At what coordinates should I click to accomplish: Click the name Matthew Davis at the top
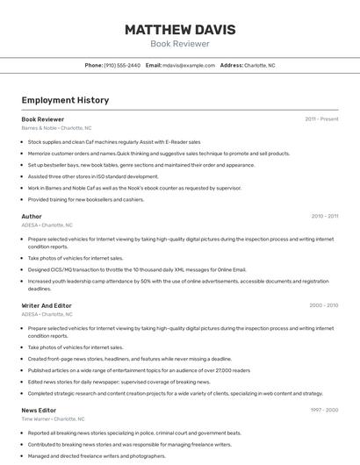point(179,30)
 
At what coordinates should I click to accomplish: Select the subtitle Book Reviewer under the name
point(179,44)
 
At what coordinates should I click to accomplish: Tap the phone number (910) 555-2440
point(122,65)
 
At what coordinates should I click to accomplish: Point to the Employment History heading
point(65,100)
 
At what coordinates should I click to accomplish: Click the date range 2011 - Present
point(321,118)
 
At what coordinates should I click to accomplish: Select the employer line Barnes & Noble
point(56,128)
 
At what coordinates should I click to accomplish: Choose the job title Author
point(32,216)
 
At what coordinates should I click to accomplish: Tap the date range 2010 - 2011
point(324,216)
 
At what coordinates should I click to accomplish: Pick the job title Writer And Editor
point(47,305)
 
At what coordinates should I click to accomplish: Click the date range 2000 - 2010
point(323,305)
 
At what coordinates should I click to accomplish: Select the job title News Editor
point(39,410)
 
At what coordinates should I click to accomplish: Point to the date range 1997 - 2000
point(323,410)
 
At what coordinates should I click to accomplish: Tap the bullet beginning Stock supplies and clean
point(114,141)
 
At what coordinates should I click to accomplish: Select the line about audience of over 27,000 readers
point(139,370)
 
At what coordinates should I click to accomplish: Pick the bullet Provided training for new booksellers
point(86,199)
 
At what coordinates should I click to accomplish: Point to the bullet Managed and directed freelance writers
point(97,455)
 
